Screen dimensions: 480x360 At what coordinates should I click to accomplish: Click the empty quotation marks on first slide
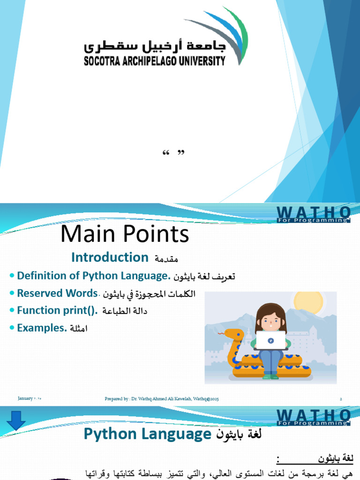click(173, 153)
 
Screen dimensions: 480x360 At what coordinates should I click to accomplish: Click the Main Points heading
click(125, 234)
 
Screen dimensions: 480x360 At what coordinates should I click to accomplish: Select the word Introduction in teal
click(110, 257)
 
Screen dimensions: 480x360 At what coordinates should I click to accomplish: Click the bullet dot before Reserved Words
click(11, 293)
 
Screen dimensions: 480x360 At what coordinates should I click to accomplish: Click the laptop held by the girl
click(271, 340)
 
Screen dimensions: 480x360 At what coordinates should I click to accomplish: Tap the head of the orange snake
click(232, 335)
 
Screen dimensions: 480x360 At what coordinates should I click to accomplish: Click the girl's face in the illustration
click(270, 320)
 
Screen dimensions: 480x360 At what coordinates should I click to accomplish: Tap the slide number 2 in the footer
click(341, 398)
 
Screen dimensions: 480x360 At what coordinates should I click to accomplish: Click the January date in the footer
click(30, 398)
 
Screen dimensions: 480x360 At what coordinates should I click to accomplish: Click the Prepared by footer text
click(162, 399)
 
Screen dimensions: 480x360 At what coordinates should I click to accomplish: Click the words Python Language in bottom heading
click(147, 435)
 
